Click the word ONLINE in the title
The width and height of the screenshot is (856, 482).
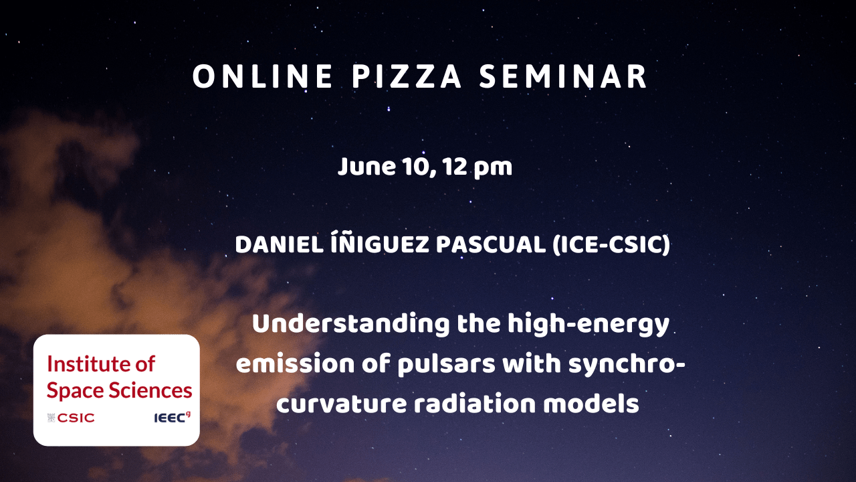click(263, 76)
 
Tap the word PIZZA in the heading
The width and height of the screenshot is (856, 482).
click(407, 76)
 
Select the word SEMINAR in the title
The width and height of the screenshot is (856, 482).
click(563, 76)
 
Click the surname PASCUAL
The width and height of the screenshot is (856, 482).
click(491, 244)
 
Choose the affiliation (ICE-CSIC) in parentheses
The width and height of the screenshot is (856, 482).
click(611, 244)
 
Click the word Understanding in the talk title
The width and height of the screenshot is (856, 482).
click(351, 323)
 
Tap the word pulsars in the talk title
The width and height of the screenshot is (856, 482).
click(446, 364)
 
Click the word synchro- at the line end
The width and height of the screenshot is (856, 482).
click(627, 364)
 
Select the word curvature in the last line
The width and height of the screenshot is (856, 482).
click(342, 404)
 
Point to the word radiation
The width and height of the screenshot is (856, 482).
click(475, 403)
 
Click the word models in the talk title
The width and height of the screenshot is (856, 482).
click(591, 403)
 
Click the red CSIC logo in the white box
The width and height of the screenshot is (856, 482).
click(71, 418)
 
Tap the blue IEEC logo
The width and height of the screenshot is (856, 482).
click(172, 417)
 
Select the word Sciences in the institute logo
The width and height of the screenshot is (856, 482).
click(150, 390)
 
